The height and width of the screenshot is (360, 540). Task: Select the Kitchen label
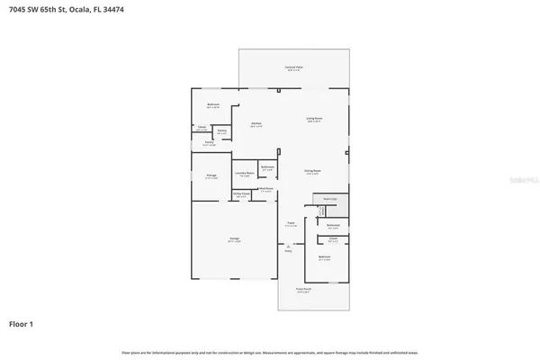tap(256, 124)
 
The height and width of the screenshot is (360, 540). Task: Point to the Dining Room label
tap(312, 170)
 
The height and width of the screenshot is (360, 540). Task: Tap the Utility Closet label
tap(241, 193)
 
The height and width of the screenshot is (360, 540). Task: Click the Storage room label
tap(210, 176)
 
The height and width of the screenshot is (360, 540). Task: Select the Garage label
tap(233, 239)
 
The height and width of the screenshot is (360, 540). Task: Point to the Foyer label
tap(291, 223)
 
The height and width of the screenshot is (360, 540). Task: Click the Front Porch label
tap(304, 290)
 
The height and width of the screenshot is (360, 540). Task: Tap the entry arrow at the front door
tap(289, 246)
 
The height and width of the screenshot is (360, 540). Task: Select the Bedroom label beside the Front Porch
tap(325, 257)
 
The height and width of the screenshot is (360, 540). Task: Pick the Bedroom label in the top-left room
tap(213, 104)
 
